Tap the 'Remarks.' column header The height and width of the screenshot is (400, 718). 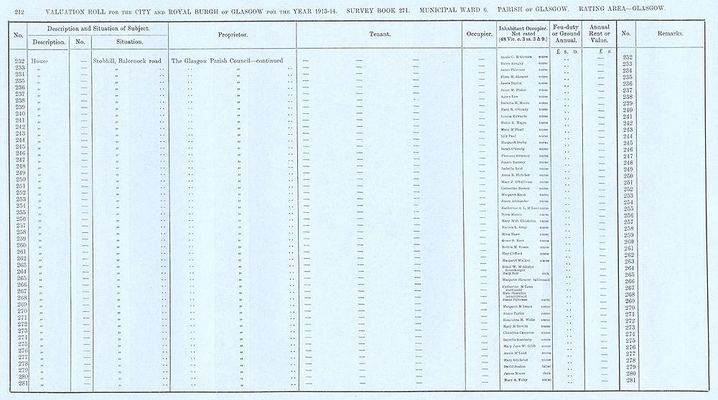[x=670, y=34]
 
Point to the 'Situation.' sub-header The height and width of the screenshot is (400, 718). [x=129, y=42]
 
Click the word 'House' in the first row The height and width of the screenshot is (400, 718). [x=39, y=62]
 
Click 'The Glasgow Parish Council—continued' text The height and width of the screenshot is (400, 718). [x=227, y=62]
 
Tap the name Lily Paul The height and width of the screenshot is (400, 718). [x=509, y=135]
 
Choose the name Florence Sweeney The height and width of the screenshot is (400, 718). [x=516, y=156]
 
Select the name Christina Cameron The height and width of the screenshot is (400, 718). [x=518, y=333]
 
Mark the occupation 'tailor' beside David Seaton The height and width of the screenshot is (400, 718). [x=546, y=366]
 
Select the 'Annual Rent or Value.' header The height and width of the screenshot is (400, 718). [x=599, y=34]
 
